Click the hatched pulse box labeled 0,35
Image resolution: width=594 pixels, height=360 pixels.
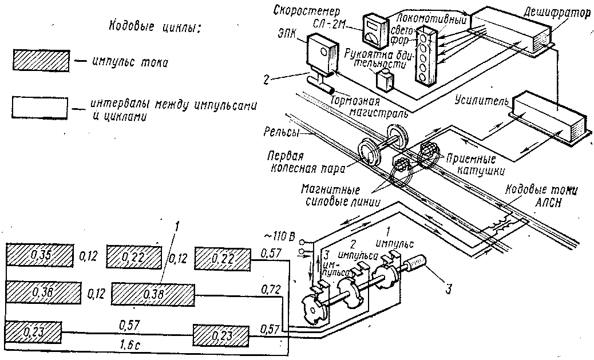[x=39, y=255]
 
